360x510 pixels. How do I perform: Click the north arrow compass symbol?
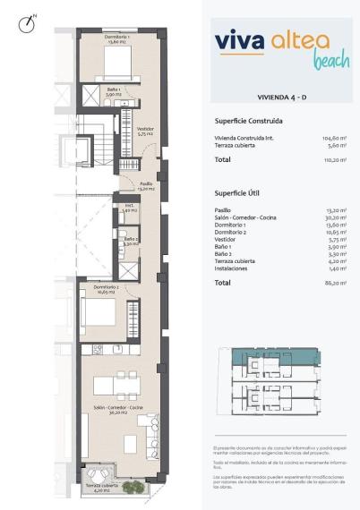tap(25, 23)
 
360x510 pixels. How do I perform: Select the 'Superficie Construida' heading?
tap(249, 120)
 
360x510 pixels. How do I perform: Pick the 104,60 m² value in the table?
tap(333, 138)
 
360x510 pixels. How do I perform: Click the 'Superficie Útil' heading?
tap(238, 192)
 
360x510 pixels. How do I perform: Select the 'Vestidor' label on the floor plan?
tap(144, 129)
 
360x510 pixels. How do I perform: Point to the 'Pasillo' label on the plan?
tap(146, 186)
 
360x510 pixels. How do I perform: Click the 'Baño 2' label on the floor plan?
tap(130, 240)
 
